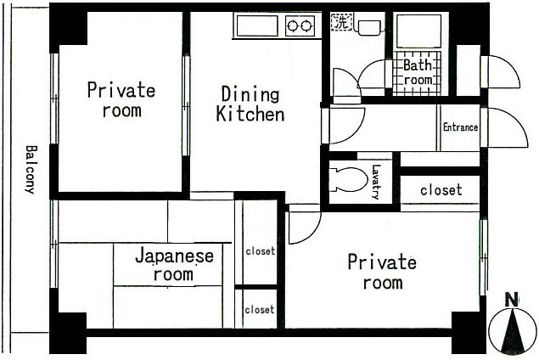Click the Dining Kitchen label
point(250,104)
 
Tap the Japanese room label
point(174,265)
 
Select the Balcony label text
point(31,170)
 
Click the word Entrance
point(460,127)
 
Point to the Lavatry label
point(376,182)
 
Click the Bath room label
point(418,72)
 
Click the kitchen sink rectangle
point(257,25)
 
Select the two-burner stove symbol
point(300,25)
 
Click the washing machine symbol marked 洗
point(341,22)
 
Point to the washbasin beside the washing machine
point(369,27)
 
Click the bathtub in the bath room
point(418,31)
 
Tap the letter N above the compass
point(512,300)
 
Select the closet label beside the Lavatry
point(441,190)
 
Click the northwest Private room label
point(121,99)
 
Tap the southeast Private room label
point(382,272)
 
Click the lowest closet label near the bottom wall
point(260,310)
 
